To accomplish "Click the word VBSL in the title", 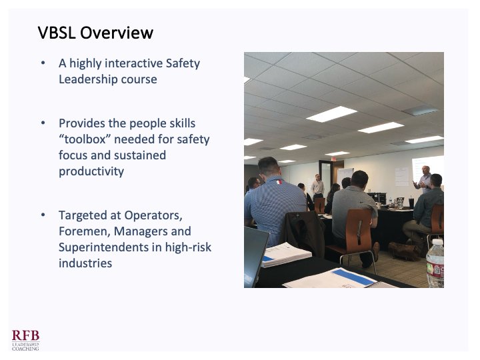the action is click(57, 33).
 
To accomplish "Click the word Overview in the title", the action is click(117, 33).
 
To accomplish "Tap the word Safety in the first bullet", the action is click(183, 64).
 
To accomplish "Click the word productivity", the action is click(91, 172).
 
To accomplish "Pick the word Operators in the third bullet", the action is click(153, 215).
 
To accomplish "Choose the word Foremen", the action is click(85, 231).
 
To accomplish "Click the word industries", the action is click(85, 263).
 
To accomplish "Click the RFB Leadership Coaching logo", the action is click(26, 340).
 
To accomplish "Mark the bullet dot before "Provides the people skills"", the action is click(43, 123).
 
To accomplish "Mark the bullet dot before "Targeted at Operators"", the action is click(43, 215).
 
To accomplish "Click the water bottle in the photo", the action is click(435, 263).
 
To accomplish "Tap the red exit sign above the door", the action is click(333, 159).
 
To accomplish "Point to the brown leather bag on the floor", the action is click(405, 251).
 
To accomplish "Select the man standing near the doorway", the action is click(317, 188).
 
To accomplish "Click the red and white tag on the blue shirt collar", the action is click(279, 182).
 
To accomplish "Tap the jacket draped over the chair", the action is click(303, 232).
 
